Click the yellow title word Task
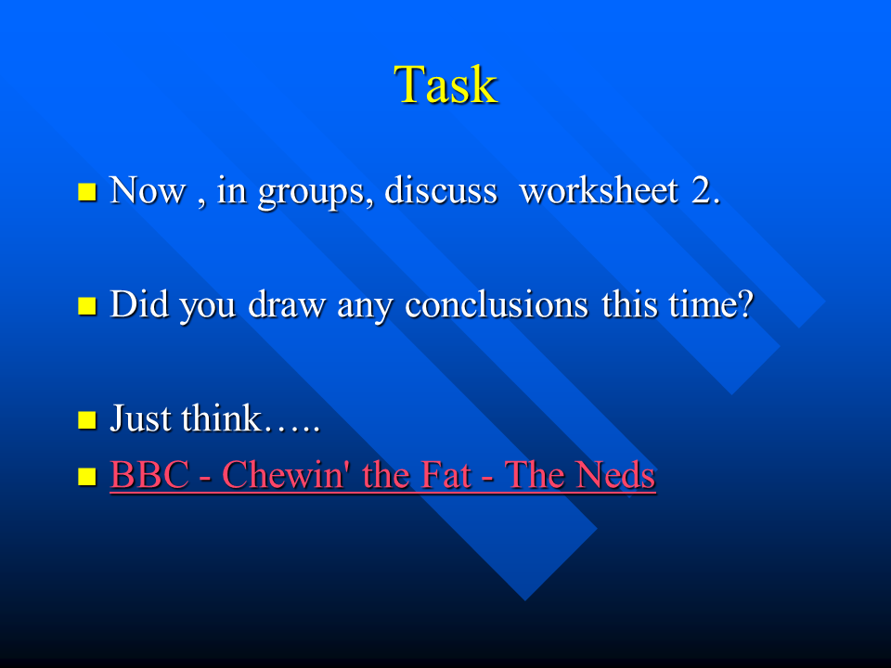pyautogui.click(x=445, y=85)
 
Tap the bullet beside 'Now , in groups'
pyautogui.click(x=87, y=192)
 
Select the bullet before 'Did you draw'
pyautogui.click(x=87, y=305)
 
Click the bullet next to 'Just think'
pyautogui.click(x=87, y=419)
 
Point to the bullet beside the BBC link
pyautogui.click(x=87, y=477)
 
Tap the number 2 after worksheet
pyautogui.click(x=705, y=191)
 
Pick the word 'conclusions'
pyautogui.click(x=496, y=304)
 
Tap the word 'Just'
pyautogui.click(x=141, y=418)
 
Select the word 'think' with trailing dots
pyautogui.click(x=251, y=418)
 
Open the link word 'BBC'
pyautogui.click(x=149, y=475)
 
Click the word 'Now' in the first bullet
pyautogui.click(x=148, y=191)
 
